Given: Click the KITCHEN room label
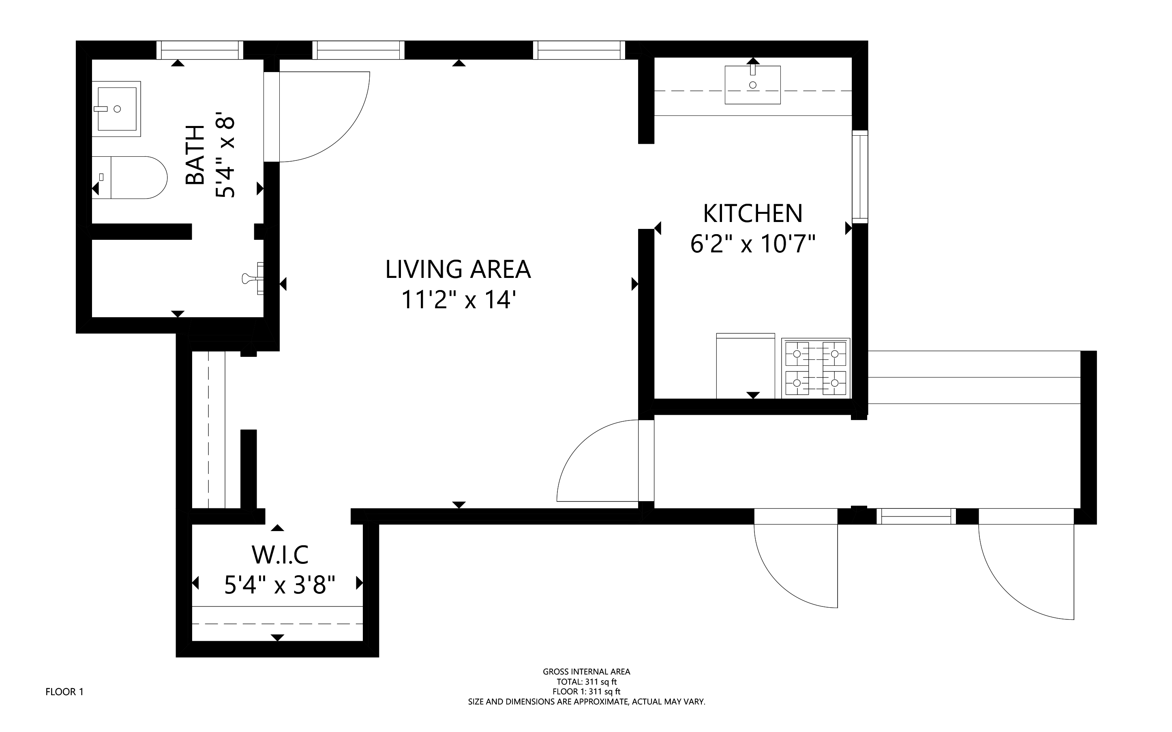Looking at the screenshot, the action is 752,213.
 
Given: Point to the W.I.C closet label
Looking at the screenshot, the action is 280,555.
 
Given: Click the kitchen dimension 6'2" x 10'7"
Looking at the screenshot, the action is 753,243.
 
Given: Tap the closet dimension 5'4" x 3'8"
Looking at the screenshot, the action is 280,585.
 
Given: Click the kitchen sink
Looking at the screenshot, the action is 752,85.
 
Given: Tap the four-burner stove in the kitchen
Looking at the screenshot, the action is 815,368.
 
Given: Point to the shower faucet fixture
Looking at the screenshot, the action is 253,278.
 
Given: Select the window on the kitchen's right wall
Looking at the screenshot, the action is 860,177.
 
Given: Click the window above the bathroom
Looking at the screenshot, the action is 199,50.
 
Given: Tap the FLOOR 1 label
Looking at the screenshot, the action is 64,692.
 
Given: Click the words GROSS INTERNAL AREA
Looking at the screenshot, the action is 586,672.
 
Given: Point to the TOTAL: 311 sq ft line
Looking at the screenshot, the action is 586,682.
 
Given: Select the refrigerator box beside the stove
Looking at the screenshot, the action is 745,365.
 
